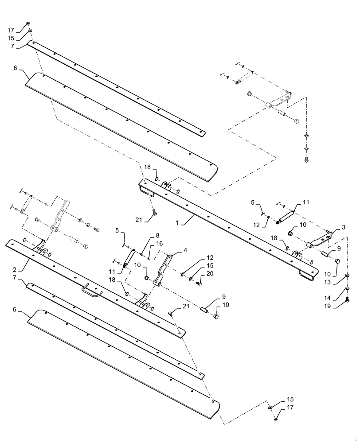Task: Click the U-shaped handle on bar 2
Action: [91, 292]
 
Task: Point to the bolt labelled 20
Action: [199, 283]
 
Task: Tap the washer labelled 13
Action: [348, 275]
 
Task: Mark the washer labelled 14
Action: [348, 290]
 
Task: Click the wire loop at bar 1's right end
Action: [308, 275]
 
